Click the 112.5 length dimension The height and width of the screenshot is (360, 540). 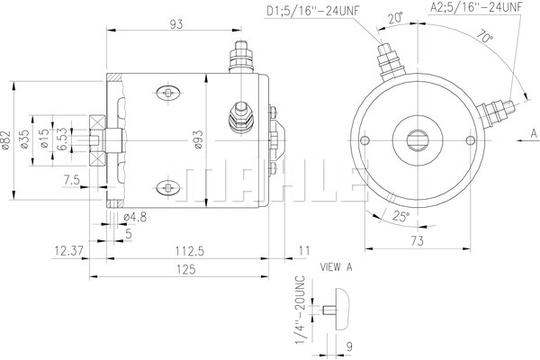189,251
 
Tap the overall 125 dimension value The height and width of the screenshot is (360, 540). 186,269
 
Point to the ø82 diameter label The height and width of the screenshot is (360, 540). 5,140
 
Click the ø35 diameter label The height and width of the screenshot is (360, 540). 24,139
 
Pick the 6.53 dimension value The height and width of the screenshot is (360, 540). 62,139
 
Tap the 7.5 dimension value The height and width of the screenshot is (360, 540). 72,180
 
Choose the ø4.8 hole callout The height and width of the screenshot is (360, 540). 135,217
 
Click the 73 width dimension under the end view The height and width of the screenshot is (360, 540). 417,241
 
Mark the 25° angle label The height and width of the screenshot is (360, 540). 401,216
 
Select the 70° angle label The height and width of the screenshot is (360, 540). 485,37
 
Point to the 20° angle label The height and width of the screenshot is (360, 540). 395,18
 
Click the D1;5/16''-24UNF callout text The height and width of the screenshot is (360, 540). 313,11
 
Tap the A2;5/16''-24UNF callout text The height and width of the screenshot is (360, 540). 477,7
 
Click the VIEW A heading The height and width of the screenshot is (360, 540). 336,267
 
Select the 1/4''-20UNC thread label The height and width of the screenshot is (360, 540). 300,310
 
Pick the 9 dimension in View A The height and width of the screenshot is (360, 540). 349,346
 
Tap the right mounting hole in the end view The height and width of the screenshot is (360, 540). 470,140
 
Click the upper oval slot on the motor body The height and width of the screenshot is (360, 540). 168,93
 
